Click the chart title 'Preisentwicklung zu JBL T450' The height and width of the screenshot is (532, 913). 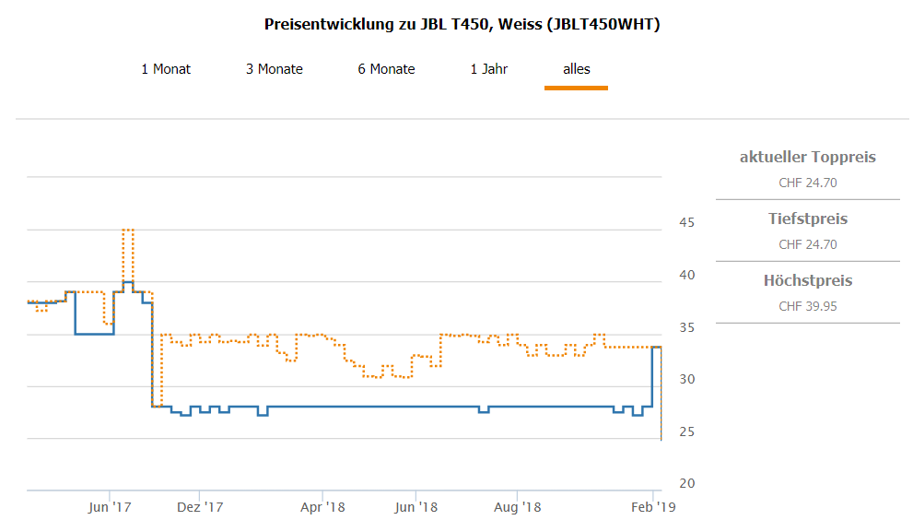tap(462, 24)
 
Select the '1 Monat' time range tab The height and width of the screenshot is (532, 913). tap(166, 69)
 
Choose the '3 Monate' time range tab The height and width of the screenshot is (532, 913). tap(275, 69)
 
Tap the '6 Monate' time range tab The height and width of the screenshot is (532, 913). tap(387, 69)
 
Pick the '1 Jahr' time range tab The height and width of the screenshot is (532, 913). tap(489, 69)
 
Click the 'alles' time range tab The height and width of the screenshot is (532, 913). tap(577, 69)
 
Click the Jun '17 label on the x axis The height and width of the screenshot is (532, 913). tap(110, 506)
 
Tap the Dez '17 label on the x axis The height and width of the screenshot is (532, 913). tap(200, 506)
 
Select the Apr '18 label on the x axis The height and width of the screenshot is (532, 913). tap(323, 506)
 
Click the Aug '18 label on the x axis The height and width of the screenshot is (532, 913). tap(518, 506)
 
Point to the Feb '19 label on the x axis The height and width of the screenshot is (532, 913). tap(653, 506)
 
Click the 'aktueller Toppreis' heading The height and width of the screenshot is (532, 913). tap(808, 157)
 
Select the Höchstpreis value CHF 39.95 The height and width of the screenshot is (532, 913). tap(808, 306)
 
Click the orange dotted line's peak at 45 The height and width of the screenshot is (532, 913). tap(128, 230)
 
